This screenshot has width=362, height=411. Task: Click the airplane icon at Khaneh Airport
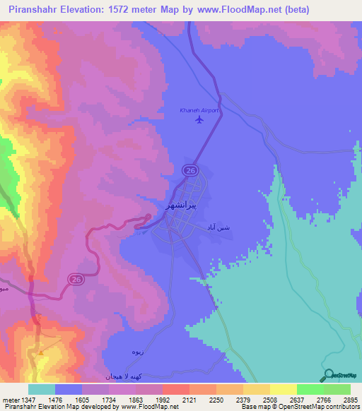pyautogui.click(x=199, y=119)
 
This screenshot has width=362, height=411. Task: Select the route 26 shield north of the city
pyautogui.click(x=189, y=170)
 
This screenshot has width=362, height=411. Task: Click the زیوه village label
pyautogui.click(x=137, y=351)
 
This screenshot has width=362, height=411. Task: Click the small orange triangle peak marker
pyautogui.click(x=41, y=351)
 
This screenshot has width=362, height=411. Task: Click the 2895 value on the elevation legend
pyautogui.click(x=351, y=400)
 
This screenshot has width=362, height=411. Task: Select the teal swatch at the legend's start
pyautogui.click(x=42, y=389)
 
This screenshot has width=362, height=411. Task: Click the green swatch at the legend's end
pyautogui.click(x=337, y=389)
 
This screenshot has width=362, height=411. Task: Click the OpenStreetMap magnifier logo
pyautogui.click(x=327, y=375)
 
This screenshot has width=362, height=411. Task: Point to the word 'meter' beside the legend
pyautogui.click(x=9, y=400)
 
